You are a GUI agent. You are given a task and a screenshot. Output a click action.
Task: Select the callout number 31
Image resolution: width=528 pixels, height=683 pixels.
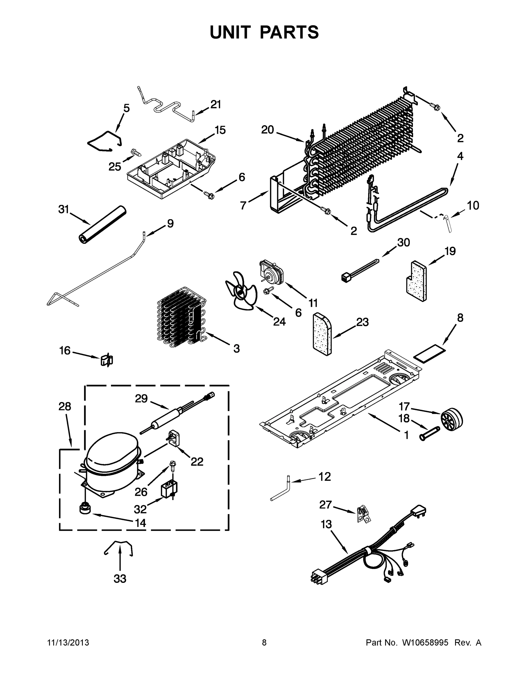coord(64,209)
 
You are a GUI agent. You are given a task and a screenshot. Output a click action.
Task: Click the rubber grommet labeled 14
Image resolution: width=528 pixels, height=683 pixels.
coord(85,509)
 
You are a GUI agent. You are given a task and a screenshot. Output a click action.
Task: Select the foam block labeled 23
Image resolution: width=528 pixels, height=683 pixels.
coord(322,334)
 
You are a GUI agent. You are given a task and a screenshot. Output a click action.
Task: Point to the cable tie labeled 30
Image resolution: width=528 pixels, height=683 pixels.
coord(360,269)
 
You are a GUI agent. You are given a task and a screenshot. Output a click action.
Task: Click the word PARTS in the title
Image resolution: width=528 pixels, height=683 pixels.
coord(289,32)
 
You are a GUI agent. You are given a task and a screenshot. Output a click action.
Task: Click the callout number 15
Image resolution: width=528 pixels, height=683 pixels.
coord(220,130)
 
